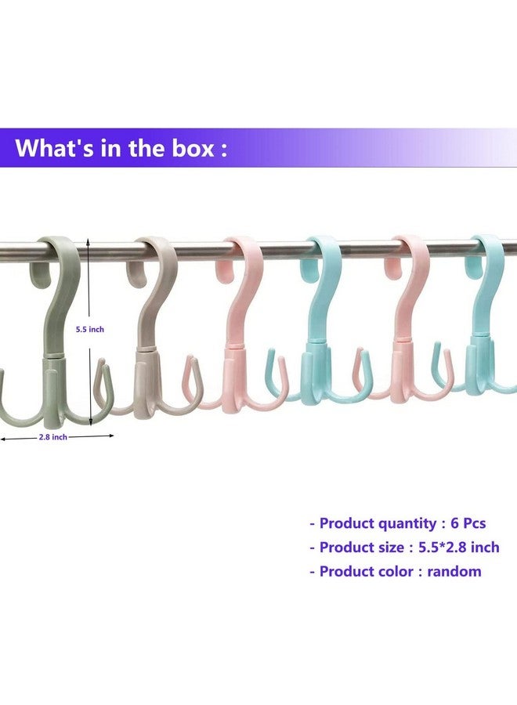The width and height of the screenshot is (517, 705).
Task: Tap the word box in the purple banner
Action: point(186,147)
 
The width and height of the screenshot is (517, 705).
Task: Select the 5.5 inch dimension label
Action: point(90,330)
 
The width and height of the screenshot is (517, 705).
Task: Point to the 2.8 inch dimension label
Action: point(53,437)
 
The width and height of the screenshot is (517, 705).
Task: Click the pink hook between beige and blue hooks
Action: point(239,329)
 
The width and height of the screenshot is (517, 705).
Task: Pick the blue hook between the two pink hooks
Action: point(322,329)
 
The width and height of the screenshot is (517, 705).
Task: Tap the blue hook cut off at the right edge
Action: point(489,329)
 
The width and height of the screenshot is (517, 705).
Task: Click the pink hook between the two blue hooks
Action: point(411,329)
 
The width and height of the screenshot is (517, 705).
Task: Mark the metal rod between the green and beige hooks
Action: point(110,251)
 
